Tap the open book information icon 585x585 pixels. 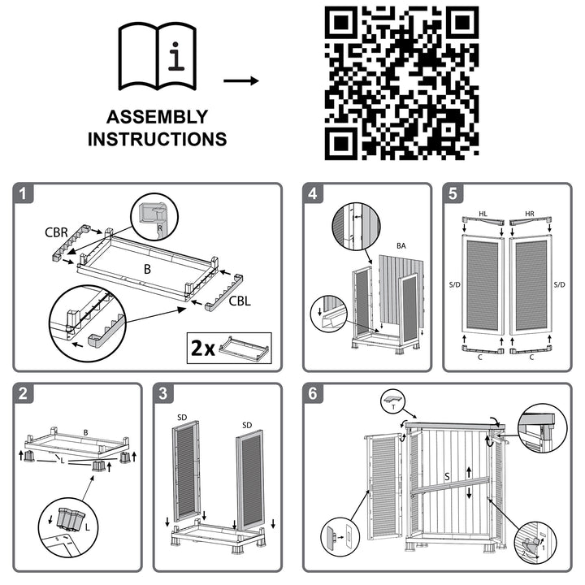click(x=157, y=56)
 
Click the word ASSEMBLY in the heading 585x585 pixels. click(x=157, y=117)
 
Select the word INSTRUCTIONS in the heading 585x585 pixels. click(x=157, y=140)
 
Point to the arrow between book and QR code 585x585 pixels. click(x=240, y=81)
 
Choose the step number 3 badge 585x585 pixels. click(x=164, y=394)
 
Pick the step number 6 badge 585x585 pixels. click(x=314, y=394)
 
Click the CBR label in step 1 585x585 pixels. click(x=57, y=232)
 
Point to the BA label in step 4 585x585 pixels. click(x=401, y=245)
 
